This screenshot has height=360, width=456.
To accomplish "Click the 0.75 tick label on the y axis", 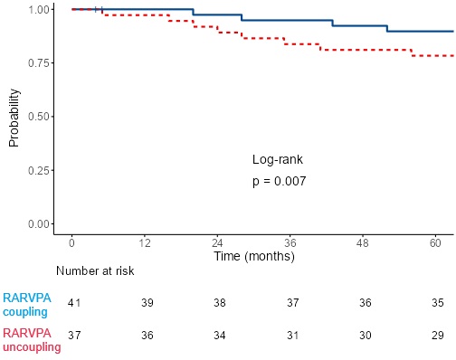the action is coord(39,63).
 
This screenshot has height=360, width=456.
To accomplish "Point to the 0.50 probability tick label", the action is coord(39,117).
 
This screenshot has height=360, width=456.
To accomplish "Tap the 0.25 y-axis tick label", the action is coord(39,170).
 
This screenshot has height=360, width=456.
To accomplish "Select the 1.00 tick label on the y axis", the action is coord(39,10).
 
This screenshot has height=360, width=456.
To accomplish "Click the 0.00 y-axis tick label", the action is coord(39,224).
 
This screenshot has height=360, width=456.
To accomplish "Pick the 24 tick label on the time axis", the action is coord(217,242).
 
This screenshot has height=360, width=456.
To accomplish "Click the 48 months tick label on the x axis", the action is coord(363,242).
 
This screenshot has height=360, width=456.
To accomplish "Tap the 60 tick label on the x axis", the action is coord(435,242).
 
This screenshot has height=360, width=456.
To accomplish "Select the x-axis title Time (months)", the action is coord(254,257).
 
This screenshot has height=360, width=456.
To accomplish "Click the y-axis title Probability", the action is coord(14,118).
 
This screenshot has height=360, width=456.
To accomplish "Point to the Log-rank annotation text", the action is coord(278,159).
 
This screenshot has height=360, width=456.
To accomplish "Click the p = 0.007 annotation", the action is coord(280,182).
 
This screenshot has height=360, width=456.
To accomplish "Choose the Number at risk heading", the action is coord(95,271).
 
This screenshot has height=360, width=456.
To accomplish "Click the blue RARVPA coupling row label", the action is coord(27,305).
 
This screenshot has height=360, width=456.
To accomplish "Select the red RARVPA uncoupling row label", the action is coord(32,340).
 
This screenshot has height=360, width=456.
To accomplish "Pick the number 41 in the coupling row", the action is coord(74,303).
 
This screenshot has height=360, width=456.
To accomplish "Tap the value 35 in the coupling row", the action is coord(438,303).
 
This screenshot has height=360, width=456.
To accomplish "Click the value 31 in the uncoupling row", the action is coord(292,336).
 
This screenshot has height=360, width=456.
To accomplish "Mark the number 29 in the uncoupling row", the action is coord(438,336).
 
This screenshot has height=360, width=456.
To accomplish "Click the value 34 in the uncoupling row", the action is coord(220,336).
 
